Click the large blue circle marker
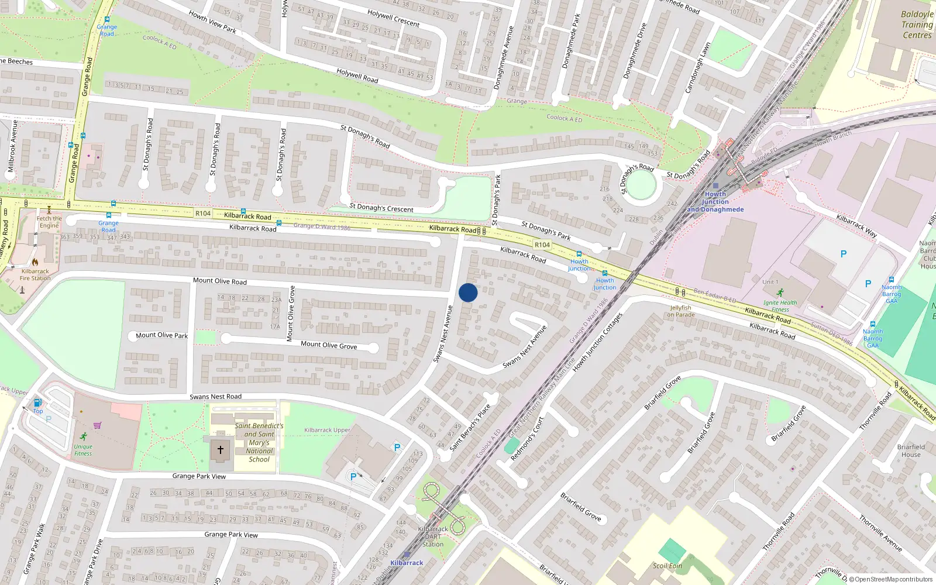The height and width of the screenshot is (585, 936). point(468,292)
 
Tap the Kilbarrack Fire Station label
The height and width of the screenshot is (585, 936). point(35,274)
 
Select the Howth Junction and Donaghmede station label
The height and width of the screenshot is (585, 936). point(715,202)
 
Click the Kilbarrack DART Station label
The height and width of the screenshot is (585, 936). point(433,536)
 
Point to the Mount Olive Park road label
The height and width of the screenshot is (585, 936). point(162,335)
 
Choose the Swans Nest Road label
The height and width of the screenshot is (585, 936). point(215,397)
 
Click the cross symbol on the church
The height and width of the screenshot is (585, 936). point(221,450)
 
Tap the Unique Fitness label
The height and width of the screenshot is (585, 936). point(83,450)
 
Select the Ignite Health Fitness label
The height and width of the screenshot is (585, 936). point(780,306)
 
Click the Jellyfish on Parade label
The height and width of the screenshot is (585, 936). point(681,311)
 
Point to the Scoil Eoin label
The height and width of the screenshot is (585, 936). point(667,566)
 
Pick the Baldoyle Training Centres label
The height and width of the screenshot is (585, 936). point(917,25)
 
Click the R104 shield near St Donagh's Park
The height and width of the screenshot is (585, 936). point(542,245)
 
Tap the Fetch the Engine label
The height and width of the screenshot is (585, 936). point(49,222)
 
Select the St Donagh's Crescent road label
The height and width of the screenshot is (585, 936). point(381,208)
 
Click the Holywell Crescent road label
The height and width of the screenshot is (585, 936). point(393,18)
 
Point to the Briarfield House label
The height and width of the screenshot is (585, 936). point(911,450)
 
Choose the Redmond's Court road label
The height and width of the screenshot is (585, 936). point(527,439)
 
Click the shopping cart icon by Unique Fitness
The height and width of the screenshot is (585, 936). point(97,425)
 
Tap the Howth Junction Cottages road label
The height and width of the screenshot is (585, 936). point(597,343)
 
